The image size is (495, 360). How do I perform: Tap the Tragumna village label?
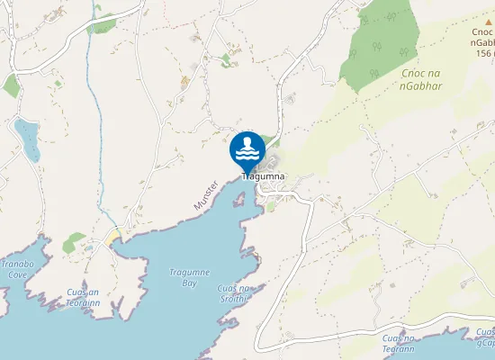tap(264, 176)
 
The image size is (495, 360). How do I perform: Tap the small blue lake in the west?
tap(27, 139)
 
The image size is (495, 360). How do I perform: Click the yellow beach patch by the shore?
tap(115, 237)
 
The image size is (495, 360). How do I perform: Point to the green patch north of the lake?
tap(11, 85)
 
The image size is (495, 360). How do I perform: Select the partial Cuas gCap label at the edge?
tap(485, 337)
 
